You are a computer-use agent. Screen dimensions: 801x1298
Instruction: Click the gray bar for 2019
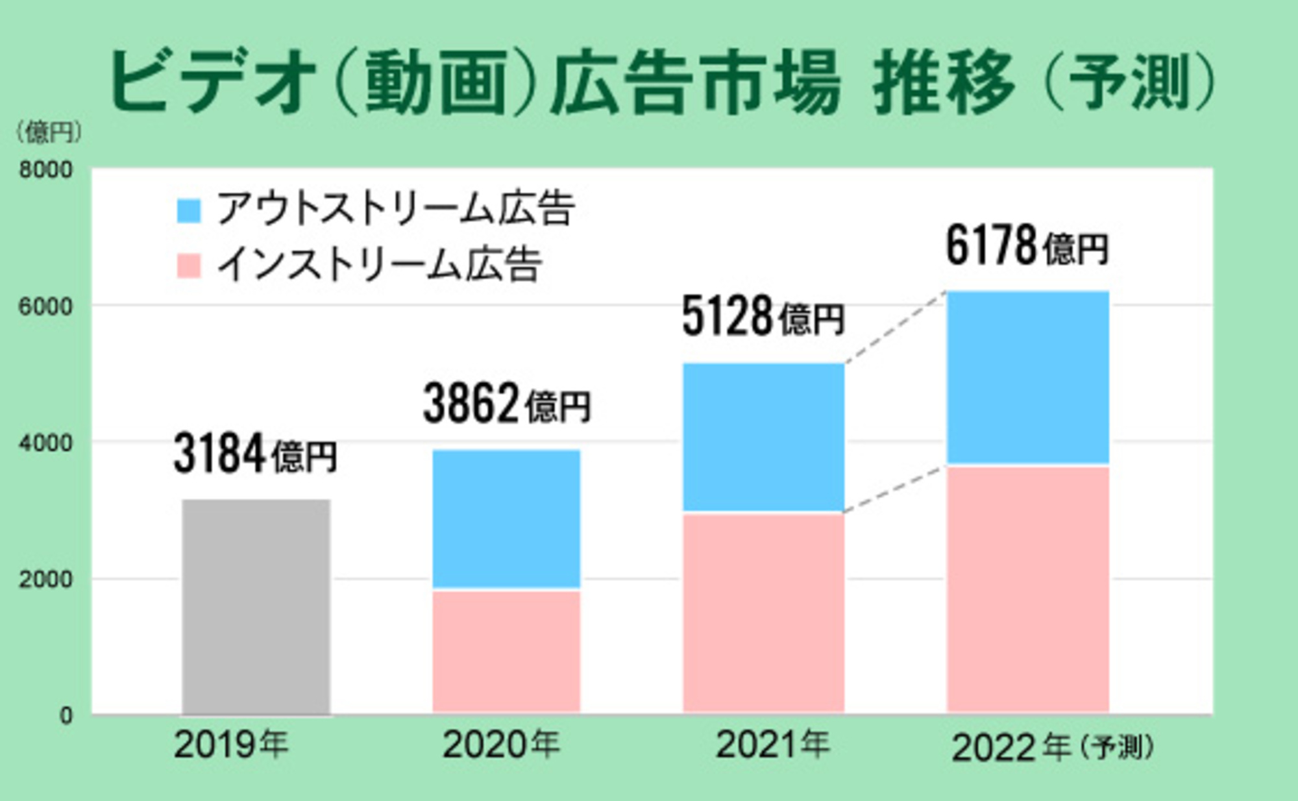pos(256,606)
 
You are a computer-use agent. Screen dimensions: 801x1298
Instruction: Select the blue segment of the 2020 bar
pos(506,519)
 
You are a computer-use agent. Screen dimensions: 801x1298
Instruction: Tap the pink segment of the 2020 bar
pos(506,651)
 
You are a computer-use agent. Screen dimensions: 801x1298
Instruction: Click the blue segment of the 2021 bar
pos(764,437)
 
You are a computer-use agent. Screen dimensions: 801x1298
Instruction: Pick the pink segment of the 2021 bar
pos(764,613)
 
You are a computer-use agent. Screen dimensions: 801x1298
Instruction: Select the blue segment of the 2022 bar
pos(1028,377)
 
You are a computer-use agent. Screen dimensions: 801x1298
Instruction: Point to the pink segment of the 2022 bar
pos(1028,589)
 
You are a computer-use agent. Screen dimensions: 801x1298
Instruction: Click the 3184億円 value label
pos(255,454)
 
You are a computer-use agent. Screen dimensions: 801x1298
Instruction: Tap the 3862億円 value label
pos(506,404)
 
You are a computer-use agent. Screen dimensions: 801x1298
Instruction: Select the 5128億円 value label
pos(763,317)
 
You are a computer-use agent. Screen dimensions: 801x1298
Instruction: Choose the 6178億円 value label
pos(1027,246)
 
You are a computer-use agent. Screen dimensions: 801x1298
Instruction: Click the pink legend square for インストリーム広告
pos(189,266)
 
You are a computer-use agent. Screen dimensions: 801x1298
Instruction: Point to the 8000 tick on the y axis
pos(45,170)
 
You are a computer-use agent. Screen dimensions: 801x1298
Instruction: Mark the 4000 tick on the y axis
pos(45,443)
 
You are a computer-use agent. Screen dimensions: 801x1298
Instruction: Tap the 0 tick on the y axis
pos(66,715)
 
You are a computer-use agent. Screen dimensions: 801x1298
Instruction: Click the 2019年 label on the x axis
pos(231,745)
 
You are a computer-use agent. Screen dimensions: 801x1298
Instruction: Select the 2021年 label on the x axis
pos(772,745)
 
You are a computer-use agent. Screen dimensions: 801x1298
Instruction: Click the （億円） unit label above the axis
pos(49,132)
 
